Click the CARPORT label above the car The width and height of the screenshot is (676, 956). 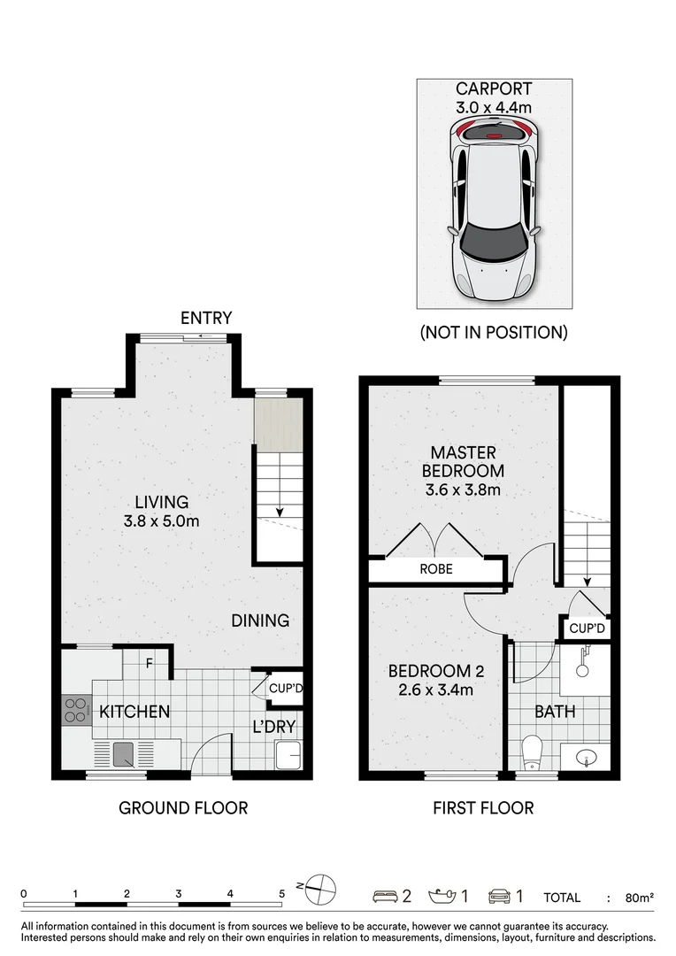pyautogui.click(x=493, y=89)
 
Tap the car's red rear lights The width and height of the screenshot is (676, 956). pyautogui.click(x=493, y=132)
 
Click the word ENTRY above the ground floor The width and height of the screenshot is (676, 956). pyautogui.click(x=206, y=318)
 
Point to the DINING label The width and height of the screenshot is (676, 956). pyautogui.click(x=261, y=621)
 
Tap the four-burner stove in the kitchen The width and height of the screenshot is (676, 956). pyautogui.click(x=76, y=709)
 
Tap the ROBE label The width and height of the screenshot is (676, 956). pyautogui.click(x=436, y=569)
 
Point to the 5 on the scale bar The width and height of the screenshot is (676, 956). pyautogui.click(x=281, y=894)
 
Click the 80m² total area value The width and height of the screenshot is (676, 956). pyautogui.click(x=639, y=898)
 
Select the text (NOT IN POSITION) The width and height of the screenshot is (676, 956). pyautogui.click(x=493, y=333)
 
